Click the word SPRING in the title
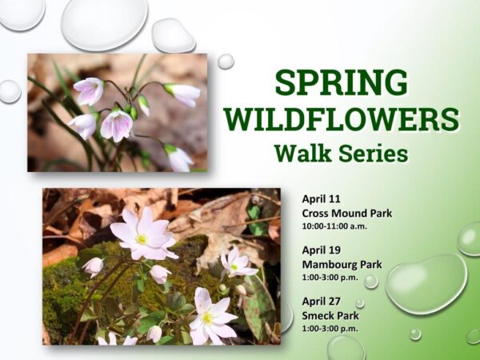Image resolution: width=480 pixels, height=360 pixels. coord(341,82)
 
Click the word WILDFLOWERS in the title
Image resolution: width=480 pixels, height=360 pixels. coord(342,118)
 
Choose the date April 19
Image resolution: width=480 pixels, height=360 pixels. coord(322,250)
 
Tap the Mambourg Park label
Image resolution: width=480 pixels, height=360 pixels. coord(342,264)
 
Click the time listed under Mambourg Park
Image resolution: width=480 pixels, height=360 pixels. coord(330,277)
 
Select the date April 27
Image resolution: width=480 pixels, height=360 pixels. coord(322,301)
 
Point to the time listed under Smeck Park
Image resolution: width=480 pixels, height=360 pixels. coord(330,327)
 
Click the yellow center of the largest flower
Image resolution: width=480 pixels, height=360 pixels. coord(142,238)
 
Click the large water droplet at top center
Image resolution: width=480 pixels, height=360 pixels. coord(104,22)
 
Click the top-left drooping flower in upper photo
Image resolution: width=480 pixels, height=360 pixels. coord(88,90)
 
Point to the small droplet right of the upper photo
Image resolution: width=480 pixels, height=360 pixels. coord(226,62)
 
